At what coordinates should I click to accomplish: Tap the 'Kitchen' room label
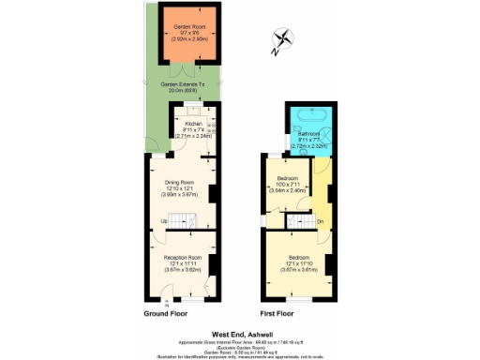click(193, 124)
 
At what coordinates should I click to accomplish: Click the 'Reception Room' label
click(183, 257)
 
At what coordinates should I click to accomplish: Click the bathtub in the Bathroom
click(310, 116)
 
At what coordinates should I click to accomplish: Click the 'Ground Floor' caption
click(164, 313)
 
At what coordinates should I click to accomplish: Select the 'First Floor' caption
click(277, 313)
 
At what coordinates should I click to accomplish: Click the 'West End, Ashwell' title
click(239, 332)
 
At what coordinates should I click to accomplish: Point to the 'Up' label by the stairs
click(164, 221)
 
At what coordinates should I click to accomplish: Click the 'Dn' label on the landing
click(320, 222)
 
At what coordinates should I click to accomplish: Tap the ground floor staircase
click(187, 221)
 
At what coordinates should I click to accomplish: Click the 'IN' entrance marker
click(167, 302)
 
